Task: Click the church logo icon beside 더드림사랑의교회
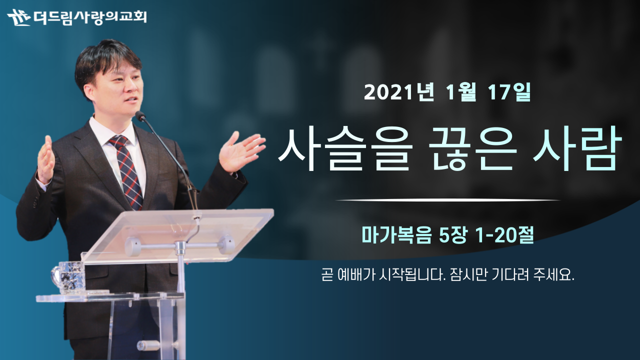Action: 19,17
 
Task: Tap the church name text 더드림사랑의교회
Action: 90,17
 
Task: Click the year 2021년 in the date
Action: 399,92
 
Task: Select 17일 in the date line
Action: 509,92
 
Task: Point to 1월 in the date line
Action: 461,92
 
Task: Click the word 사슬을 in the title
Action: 345,149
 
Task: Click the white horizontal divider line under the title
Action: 447,200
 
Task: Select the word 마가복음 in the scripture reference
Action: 396,235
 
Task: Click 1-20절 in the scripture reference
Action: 504,235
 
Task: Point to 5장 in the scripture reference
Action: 453,235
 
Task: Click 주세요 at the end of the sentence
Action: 553,275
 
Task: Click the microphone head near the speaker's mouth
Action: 140,115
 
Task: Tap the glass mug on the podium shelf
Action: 69,277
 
